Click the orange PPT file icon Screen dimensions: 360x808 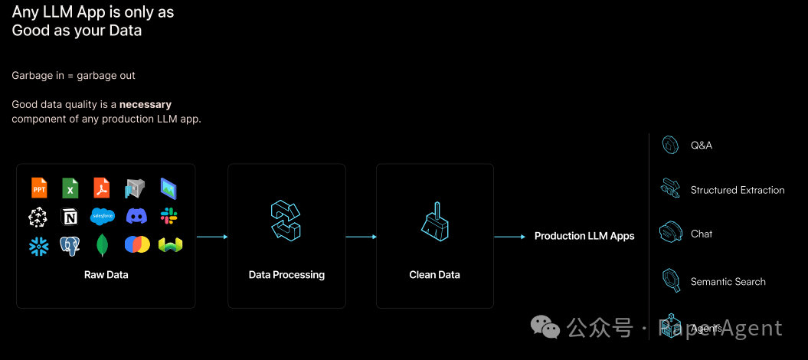tap(39, 187)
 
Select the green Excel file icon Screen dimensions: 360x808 tap(70, 187)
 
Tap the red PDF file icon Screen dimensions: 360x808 tap(102, 187)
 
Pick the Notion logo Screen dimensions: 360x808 tap(70, 218)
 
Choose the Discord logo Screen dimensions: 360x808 tap(136, 217)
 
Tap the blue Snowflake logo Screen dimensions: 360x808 tap(38, 246)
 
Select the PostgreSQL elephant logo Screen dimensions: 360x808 tap(70, 246)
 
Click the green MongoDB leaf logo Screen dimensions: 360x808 tap(102, 246)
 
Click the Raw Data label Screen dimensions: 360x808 tap(106, 274)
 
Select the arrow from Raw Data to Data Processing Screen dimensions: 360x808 tap(212, 237)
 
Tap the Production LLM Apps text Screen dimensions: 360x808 tap(584, 236)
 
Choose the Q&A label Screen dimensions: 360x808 tap(701, 145)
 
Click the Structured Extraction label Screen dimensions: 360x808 tap(738, 190)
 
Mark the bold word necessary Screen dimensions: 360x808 tap(146, 104)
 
